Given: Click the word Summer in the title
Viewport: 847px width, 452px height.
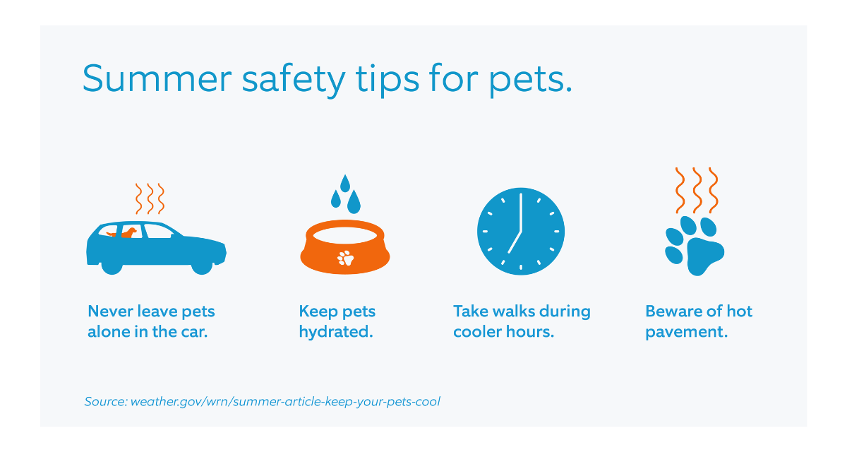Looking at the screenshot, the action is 157,78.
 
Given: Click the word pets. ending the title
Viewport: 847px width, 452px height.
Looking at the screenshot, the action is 530,81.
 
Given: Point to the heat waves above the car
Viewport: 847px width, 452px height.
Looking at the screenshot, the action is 150,198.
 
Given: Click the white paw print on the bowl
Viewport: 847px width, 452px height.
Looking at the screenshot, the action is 345,258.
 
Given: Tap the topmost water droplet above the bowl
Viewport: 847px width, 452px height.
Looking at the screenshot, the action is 345,184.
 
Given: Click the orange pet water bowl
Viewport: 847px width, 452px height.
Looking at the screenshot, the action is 345,246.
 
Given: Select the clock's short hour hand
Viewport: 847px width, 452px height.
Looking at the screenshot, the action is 515,242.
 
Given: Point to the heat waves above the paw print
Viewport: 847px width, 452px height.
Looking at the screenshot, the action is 697,190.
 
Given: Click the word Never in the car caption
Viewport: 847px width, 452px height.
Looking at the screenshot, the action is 110,311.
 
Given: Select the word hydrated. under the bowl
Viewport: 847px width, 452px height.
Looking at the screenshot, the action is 336,332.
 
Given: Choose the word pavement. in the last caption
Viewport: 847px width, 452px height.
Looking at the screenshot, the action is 686,332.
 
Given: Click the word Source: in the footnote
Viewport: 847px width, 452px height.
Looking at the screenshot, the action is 106,401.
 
